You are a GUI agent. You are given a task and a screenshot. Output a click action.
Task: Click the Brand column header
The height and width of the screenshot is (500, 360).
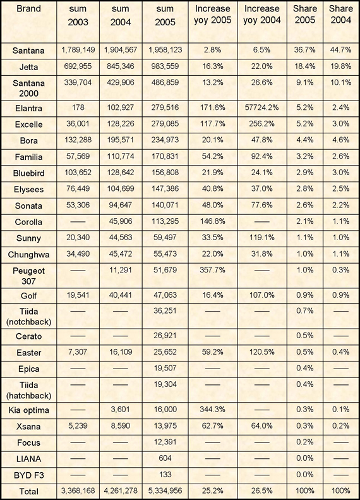pyautogui.click(x=28, y=9)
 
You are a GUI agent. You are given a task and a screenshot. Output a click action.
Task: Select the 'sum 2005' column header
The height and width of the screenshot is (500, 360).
pyautogui.click(x=165, y=16)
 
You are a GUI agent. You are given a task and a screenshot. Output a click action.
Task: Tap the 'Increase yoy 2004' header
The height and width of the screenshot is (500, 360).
pyautogui.click(x=262, y=15)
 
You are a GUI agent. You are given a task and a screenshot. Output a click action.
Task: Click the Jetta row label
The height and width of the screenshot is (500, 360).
pyautogui.click(x=28, y=67)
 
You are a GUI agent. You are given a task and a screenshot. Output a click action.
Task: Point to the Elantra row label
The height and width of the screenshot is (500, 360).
pyautogui.click(x=28, y=109)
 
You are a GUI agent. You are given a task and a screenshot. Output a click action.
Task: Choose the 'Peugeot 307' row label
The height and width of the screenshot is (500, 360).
pyautogui.click(x=28, y=276)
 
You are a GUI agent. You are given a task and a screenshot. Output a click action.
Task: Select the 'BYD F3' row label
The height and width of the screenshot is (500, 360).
pyautogui.click(x=28, y=475)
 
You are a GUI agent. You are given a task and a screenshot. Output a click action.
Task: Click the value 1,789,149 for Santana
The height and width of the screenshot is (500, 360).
pyautogui.click(x=78, y=50)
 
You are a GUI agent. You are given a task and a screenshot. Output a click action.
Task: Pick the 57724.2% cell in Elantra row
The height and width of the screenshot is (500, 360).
pyautogui.click(x=262, y=107)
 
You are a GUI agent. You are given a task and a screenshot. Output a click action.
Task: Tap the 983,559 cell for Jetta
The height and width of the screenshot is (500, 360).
pyautogui.click(x=165, y=66)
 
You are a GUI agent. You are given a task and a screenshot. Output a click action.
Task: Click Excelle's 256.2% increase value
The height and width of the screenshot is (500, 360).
pyautogui.click(x=262, y=124)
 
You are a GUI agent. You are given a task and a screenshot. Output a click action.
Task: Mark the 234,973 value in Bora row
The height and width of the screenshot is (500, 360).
pyautogui.click(x=165, y=140)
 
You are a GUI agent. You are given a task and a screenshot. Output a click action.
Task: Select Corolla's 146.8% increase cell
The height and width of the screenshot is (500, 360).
pyautogui.click(x=212, y=221)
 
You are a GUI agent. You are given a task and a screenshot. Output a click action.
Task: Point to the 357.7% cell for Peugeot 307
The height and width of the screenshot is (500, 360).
pyautogui.click(x=212, y=270)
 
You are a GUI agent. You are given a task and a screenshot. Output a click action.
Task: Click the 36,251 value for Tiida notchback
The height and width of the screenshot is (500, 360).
pyautogui.click(x=165, y=311)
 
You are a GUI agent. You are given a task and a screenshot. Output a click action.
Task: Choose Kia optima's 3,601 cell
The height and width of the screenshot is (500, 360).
pyautogui.click(x=121, y=410)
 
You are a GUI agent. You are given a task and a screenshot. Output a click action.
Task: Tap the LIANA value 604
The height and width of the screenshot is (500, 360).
pyautogui.click(x=165, y=458)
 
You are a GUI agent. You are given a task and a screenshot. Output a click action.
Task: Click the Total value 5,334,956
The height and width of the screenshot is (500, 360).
pyautogui.click(x=165, y=491)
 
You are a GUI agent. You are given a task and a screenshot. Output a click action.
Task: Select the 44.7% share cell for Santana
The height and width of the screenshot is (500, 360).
pyautogui.click(x=341, y=50)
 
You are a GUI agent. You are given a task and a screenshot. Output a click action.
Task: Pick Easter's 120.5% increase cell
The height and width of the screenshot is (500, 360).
pyautogui.click(x=262, y=352)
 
